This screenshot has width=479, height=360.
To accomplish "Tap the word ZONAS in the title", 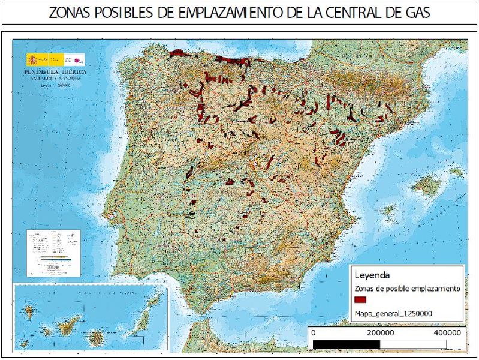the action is pyautogui.click(x=68, y=13).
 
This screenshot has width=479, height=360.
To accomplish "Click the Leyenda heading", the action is pyautogui.click(x=373, y=275).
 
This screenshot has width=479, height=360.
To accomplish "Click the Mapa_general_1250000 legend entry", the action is pyautogui.click(x=394, y=313).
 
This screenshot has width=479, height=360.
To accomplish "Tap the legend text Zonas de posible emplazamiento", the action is pyautogui.click(x=407, y=289).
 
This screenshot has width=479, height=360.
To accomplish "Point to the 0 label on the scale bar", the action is pyautogui.click(x=314, y=332).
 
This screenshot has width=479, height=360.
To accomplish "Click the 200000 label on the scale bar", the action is pyautogui.click(x=380, y=332).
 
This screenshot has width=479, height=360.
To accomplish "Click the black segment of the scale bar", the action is pyautogui.click(x=347, y=343).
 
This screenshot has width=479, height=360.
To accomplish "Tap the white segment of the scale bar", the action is pyautogui.click(x=414, y=343).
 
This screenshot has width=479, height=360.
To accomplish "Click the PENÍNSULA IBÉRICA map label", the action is pyautogui.click(x=55, y=71).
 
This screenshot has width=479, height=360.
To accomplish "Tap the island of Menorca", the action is pyautogui.click(x=457, y=172).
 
